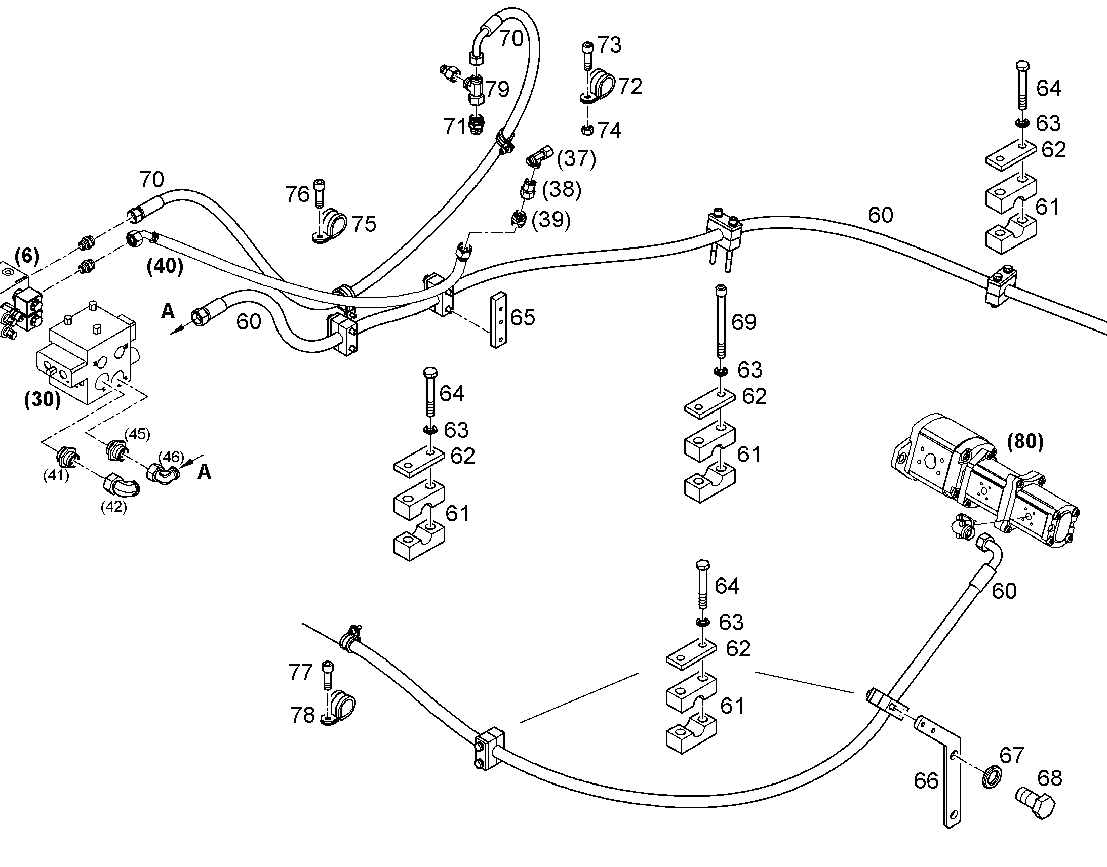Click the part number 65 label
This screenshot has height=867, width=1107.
pyautogui.click(x=523, y=318)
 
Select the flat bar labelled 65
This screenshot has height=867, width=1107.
pyautogui.click(x=498, y=320)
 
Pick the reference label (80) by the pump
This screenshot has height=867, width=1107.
pyautogui.click(x=1025, y=442)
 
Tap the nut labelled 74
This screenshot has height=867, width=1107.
pyautogui.click(x=587, y=130)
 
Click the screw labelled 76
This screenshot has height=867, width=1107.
pyautogui.click(x=320, y=193)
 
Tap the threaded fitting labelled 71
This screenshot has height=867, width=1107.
pyautogui.click(x=477, y=125)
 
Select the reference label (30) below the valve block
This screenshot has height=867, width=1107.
pyautogui.click(x=43, y=400)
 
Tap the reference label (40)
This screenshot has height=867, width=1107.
pyautogui.click(x=165, y=266)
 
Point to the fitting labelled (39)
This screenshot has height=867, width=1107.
pyautogui.click(x=518, y=219)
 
